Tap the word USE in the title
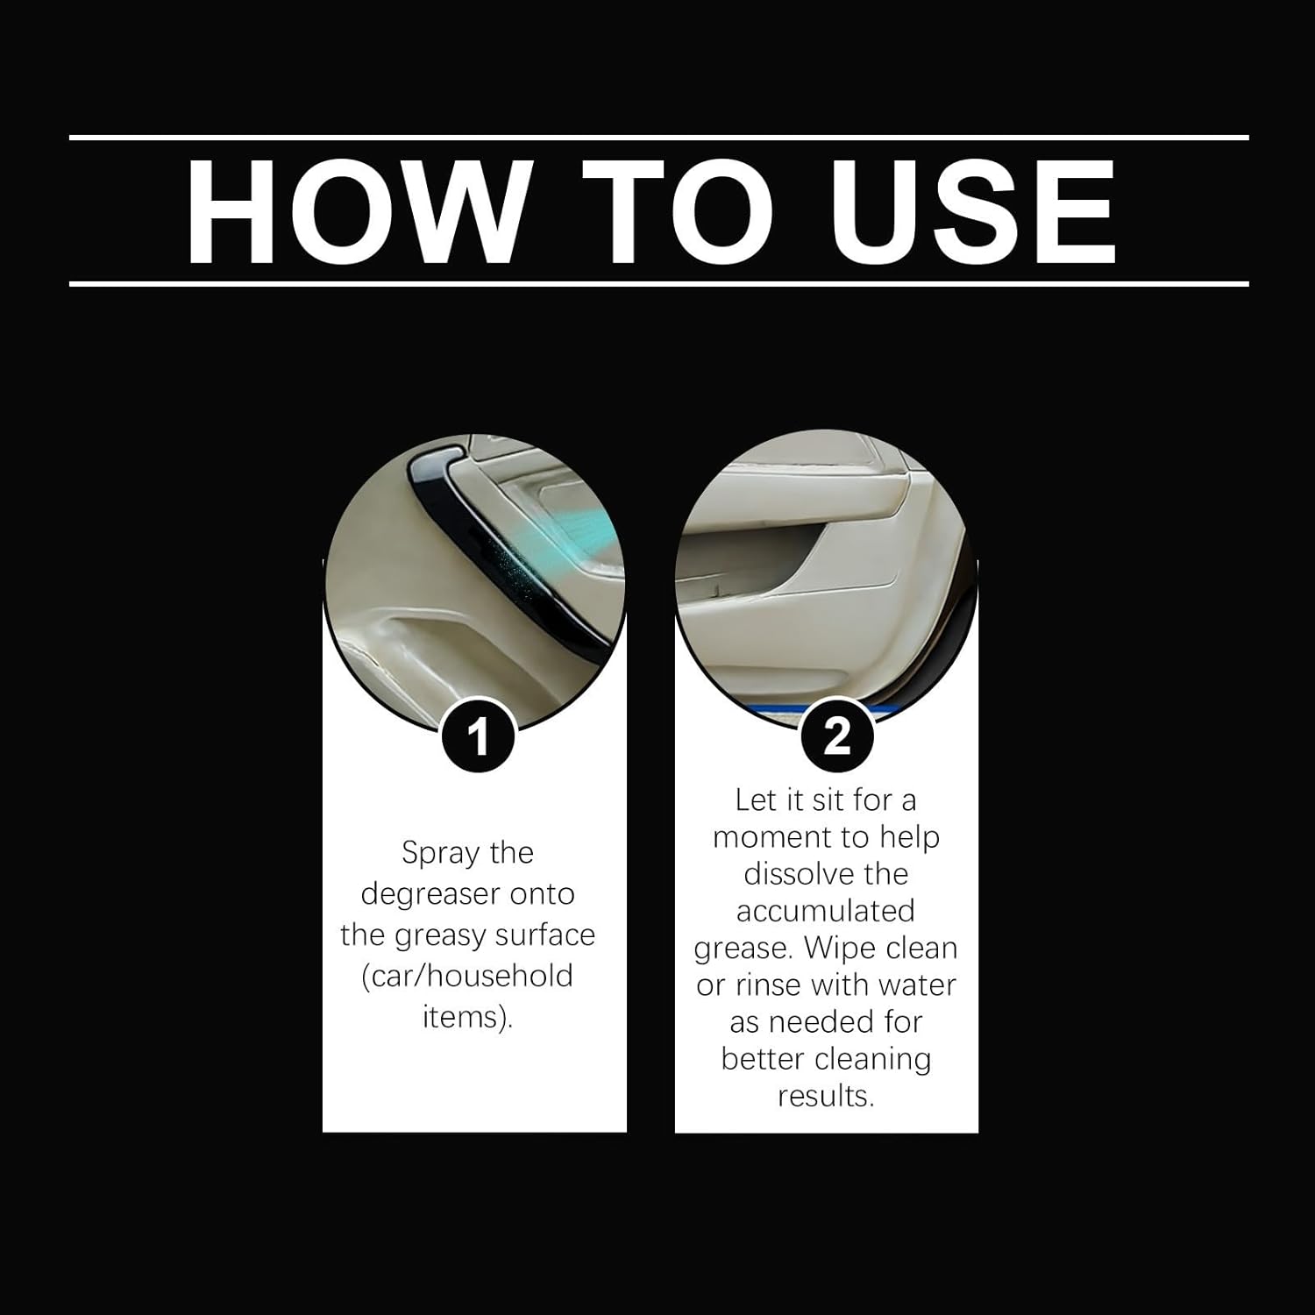(973, 212)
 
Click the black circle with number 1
(476, 736)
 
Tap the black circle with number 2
(837, 736)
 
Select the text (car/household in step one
(467, 976)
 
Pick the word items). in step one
(467, 1017)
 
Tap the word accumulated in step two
(826, 911)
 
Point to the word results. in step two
(826, 1096)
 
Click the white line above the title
(658, 138)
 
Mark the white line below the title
(658, 284)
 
